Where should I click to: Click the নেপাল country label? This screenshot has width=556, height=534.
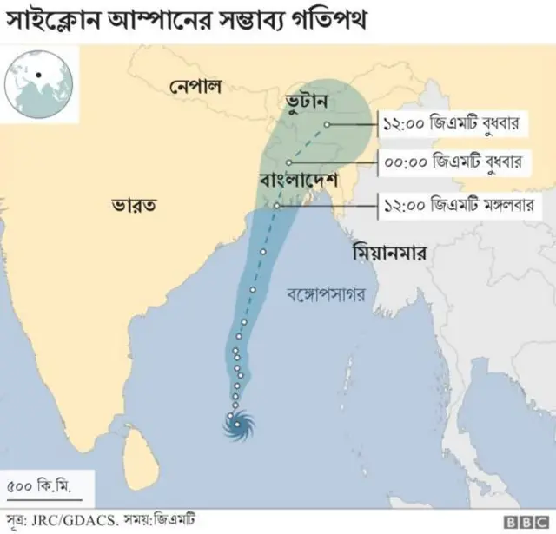[195, 87]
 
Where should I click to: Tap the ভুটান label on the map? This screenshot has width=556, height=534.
[306, 102]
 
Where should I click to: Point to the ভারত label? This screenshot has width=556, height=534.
[134, 206]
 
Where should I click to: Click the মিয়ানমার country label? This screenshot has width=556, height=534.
[394, 254]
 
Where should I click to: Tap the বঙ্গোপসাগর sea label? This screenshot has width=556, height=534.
[326, 294]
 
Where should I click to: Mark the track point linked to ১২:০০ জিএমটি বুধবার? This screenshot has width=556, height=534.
[326, 124]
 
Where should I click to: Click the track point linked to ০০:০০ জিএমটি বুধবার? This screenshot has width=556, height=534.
[288, 162]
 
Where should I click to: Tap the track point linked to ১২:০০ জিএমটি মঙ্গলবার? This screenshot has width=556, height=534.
[276, 206]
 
